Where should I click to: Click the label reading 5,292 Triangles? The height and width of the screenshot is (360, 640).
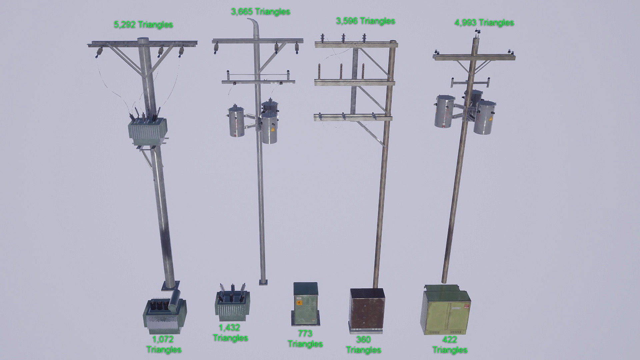[x=143, y=25]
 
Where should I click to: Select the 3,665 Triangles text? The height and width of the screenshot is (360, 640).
[x=260, y=12]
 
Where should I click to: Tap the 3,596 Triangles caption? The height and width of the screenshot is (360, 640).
[x=365, y=21]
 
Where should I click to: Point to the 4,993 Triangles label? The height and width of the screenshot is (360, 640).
[x=484, y=23]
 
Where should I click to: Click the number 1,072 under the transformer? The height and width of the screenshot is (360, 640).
[x=163, y=339]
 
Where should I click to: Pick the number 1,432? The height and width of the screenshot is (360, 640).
[x=229, y=328]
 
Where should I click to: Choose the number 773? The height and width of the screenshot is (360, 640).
[x=305, y=333]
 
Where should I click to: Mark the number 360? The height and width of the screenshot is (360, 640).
[x=363, y=339]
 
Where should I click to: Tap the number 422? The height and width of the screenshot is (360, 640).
[x=449, y=340]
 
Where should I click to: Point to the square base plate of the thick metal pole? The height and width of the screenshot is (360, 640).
[x=170, y=286]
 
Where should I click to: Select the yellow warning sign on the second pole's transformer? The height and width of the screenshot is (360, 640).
[x=273, y=130]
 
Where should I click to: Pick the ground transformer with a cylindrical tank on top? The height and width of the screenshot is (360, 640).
[x=165, y=315]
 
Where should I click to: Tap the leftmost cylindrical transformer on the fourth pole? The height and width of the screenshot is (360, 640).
[x=445, y=111]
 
